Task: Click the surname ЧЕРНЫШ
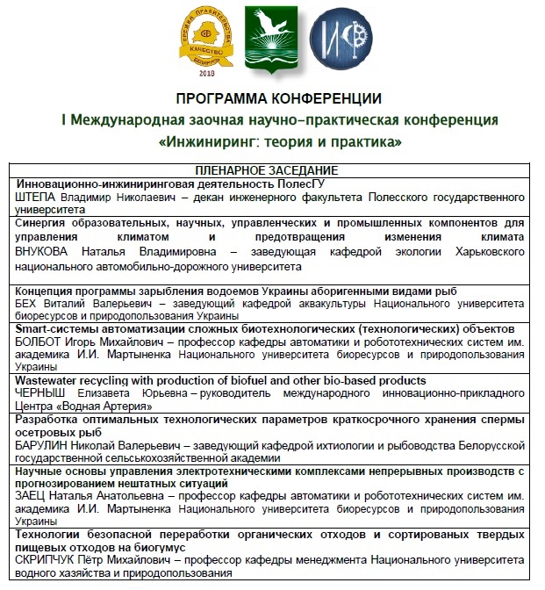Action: [x=40, y=394]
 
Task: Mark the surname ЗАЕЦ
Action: [x=32, y=496]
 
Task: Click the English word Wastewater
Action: [x=51, y=380]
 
